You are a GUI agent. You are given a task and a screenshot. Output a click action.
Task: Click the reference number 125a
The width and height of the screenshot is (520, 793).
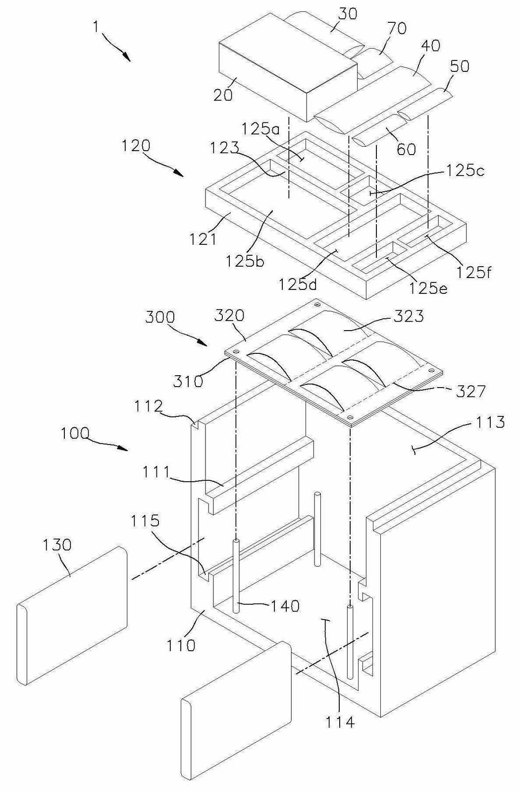click(x=260, y=129)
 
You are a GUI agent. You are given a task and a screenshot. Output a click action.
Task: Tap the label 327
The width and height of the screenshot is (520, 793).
click(x=470, y=392)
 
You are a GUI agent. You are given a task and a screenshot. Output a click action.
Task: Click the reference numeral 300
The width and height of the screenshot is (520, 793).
click(x=160, y=317)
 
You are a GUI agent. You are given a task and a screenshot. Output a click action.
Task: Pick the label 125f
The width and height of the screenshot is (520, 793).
click(x=473, y=272)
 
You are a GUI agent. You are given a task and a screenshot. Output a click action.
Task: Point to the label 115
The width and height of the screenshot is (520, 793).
click(x=145, y=521)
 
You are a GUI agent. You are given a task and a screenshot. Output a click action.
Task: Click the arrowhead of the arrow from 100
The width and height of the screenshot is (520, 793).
click(x=123, y=449)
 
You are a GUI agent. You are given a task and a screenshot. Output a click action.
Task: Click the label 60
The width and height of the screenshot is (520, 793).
click(x=406, y=149)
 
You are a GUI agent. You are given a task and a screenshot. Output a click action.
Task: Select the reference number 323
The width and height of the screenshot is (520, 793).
click(x=408, y=317)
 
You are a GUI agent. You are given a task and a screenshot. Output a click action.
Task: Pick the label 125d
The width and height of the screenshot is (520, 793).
click(x=298, y=284)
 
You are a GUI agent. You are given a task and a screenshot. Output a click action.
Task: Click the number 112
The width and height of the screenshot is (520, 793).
click(x=148, y=407)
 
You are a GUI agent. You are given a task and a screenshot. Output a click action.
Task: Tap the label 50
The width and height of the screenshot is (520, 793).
click(x=460, y=66)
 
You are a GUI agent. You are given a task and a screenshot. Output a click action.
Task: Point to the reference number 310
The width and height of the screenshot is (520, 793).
click(x=188, y=381)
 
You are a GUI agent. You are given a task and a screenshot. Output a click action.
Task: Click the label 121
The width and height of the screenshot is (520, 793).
click(x=203, y=239)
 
